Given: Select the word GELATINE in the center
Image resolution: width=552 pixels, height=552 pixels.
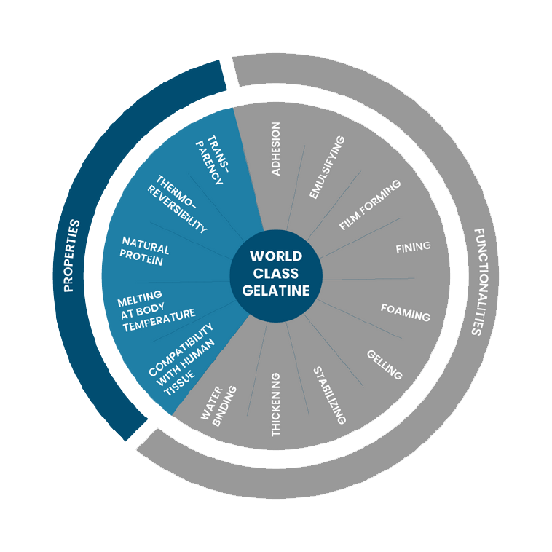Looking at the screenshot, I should tap(275, 291).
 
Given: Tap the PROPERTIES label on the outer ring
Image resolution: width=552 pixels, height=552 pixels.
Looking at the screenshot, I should tap(71, 255).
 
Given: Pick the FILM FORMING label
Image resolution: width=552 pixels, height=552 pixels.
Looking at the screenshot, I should tap(370, 205).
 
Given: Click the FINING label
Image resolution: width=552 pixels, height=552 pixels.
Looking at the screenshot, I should tap(413, 247).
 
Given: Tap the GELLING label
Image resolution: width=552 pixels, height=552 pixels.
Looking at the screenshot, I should tap(384, 364).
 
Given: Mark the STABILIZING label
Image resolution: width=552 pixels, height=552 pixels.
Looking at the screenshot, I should tap(329, 395).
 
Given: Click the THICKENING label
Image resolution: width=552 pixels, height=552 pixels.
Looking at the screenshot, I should tap(275, 404).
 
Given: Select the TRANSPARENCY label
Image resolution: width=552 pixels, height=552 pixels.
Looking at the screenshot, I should tap(212, 160).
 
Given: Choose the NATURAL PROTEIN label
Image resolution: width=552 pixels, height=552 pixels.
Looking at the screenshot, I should tap(145, 251).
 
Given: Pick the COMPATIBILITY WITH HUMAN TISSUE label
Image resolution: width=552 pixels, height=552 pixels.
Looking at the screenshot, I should tap(180, 359).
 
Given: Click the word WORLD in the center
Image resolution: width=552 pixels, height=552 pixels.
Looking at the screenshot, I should tap(275, 256).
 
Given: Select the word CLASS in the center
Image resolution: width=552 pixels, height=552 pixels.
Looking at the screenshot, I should tap(275, 273).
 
